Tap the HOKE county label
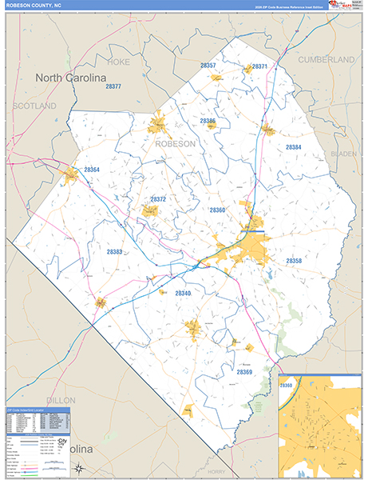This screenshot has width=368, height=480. pos(118,61)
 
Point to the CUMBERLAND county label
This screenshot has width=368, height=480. pos(326,60)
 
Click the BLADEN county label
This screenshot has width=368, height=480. pos(343,153)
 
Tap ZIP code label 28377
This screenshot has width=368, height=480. pos(113,86)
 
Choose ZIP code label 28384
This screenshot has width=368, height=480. pos(294,148)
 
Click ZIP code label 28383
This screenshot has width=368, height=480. pos(114,252)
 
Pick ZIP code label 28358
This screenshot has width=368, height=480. pos(294,261)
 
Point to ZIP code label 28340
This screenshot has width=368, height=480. pos(183,294)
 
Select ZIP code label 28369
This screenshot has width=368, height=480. pos(243,372)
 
